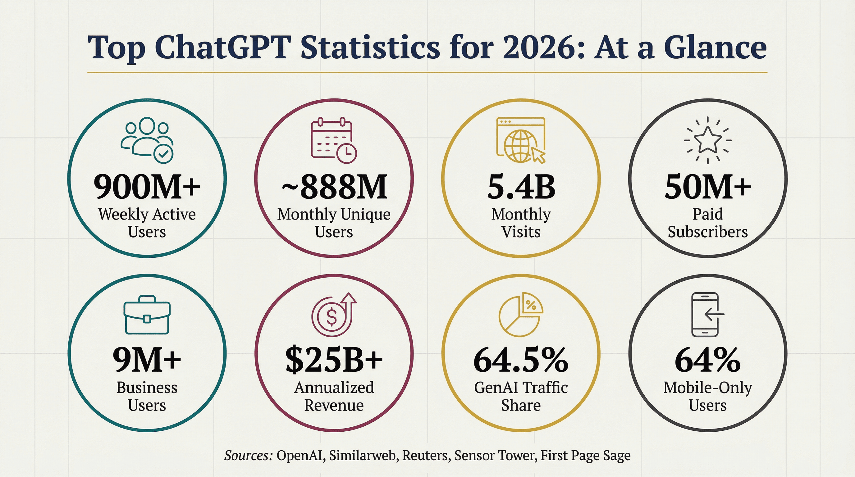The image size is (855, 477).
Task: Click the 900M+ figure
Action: pyautogui.click(x=147, y=187)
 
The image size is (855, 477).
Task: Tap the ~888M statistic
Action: pyautogui.click(x=334, y=187)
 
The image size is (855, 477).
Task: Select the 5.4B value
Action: pyautogui.click(x=521, y=187)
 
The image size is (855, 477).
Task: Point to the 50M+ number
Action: pyautogui.click(x=708, y=187)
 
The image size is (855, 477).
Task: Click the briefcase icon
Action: pyautogui.click(x=147, y=315)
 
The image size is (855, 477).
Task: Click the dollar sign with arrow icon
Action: pyautogui.click(x=333, y=315)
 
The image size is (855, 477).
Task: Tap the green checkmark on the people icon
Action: pyautogui.click(x=164, y=154)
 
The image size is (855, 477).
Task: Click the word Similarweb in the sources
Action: pyautogui.click(x=363, y=456)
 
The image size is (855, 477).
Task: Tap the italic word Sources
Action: pyautogui.click(x=248, y=456)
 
